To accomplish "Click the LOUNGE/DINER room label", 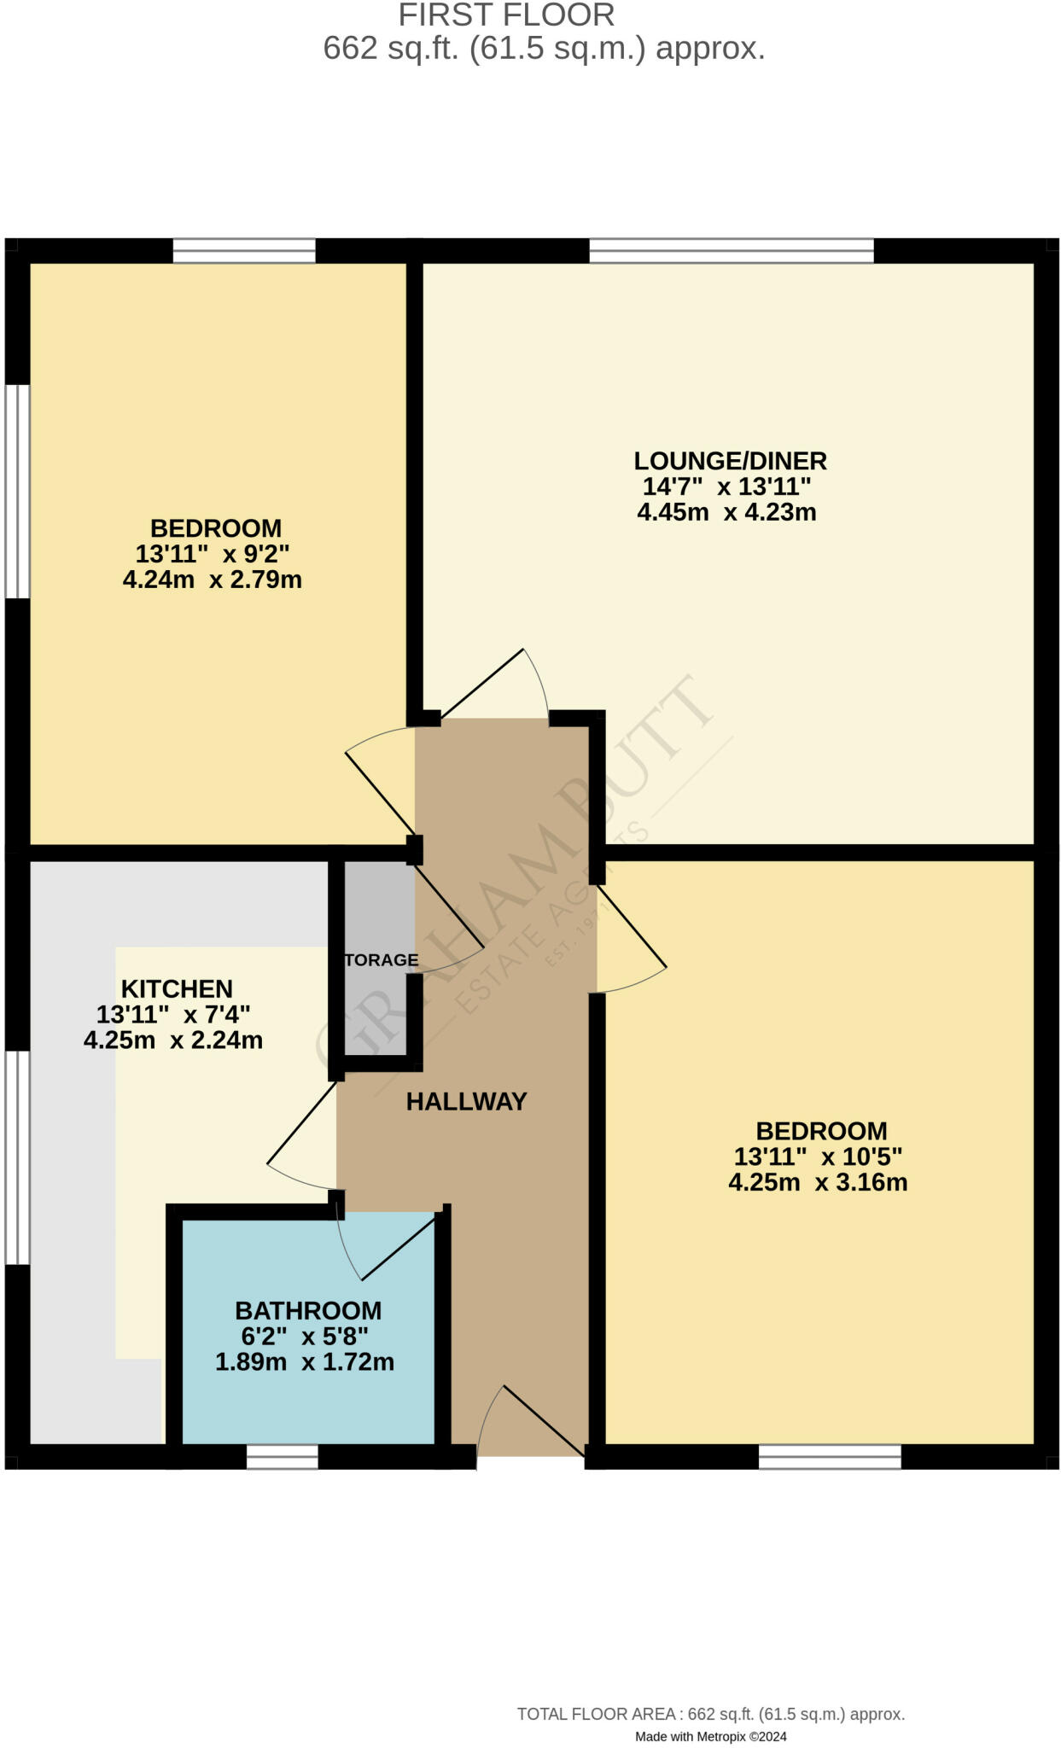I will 730,461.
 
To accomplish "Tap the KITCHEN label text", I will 177,989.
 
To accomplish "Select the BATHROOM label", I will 308,1310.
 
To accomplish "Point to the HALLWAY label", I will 466,1102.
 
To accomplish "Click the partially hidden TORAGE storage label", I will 381,960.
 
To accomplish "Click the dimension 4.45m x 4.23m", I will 726,513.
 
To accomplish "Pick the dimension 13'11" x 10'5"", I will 818,1157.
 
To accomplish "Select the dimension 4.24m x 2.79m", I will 213,580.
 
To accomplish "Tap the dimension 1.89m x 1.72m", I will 305,1362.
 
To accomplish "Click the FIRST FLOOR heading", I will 506,15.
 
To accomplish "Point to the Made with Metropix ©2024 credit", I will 710,1736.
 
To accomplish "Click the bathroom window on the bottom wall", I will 282,1456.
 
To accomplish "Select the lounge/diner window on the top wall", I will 731,251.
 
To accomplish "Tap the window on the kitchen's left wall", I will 17,1157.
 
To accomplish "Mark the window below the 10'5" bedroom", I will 829,1456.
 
